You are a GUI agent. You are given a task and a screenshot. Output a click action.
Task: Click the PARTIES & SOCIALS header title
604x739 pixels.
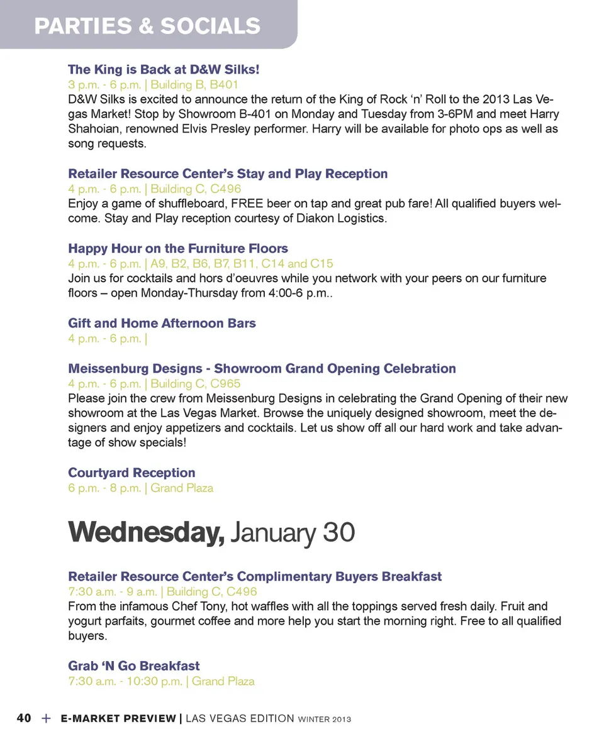147,26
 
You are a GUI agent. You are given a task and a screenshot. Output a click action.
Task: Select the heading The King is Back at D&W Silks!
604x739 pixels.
164,69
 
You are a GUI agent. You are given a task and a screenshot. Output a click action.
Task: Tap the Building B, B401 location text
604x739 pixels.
194,84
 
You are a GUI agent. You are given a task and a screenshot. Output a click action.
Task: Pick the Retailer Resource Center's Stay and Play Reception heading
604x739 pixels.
228,173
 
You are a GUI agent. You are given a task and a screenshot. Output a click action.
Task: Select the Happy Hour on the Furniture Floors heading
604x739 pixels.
178,248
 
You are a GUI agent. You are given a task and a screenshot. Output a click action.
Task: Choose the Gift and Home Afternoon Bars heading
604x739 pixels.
162,323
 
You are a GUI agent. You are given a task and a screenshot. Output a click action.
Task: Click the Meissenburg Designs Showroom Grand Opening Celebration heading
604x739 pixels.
262,368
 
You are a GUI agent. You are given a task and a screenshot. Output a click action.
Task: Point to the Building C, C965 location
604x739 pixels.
196,383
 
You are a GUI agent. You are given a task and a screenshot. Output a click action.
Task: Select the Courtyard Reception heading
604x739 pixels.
131,473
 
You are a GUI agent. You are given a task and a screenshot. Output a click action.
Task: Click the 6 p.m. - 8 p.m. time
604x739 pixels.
104,488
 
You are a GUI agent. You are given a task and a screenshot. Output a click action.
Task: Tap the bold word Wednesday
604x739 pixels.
146,533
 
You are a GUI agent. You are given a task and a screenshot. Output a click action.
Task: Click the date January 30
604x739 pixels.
293,533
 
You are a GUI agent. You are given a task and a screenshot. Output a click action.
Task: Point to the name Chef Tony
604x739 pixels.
207,606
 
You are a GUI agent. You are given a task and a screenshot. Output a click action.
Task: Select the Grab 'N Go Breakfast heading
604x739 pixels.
134,665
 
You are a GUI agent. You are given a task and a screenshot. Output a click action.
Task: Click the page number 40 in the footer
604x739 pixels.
24,718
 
